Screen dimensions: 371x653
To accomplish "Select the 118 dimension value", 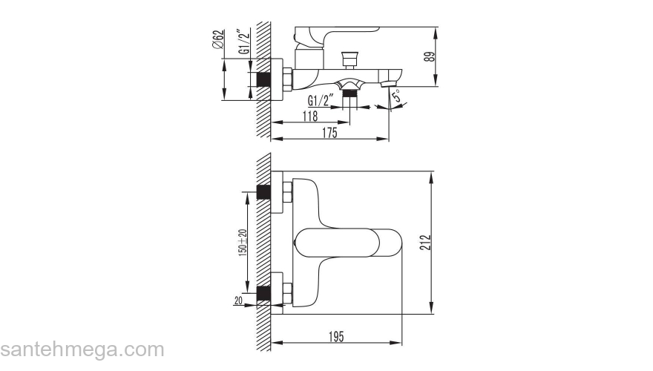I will pyautogui.click(x=309, y=116).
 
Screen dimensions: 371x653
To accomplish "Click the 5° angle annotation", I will pyautogui.click(x=398, y=96).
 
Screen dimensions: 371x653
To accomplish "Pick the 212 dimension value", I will pyautogui.click(x=424, y=243).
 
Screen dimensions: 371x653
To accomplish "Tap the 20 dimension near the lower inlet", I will pyautogui.click(x=238, y=301).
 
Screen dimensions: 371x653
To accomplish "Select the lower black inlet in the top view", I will pyautogui.click(x=263, y=293).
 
